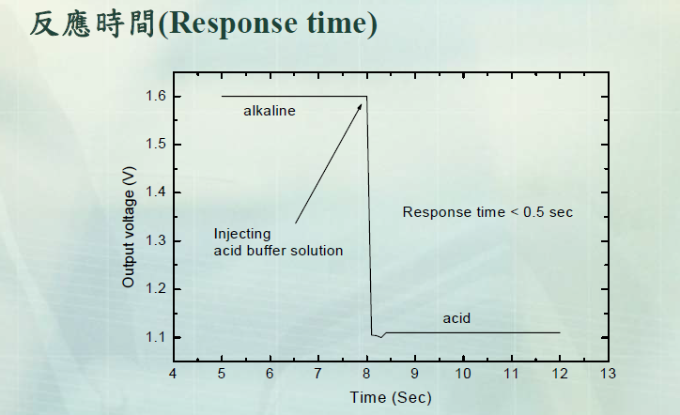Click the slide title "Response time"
tap(203, 23)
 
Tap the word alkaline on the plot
tap(270, 111)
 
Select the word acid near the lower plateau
tap(456, 319)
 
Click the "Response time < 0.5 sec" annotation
tap(487, 212)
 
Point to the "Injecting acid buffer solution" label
tap(278, 242)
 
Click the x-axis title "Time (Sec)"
tap(391, 397)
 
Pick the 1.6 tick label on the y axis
tap(155, 96)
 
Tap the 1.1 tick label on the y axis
tap(155, 337)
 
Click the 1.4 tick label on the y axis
tap(155, 192)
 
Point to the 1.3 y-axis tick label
tap(155, 240)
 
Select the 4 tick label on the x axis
tap(173, 374)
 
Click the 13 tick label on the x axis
tap(608, 374)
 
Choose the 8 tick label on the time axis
tap(366, 374)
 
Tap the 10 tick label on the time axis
tap(463, 374)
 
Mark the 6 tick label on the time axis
tap(270, 374)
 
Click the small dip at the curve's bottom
tap(379, 336)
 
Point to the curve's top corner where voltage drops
tap(366, 97)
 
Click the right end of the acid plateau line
tap(560, 332)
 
